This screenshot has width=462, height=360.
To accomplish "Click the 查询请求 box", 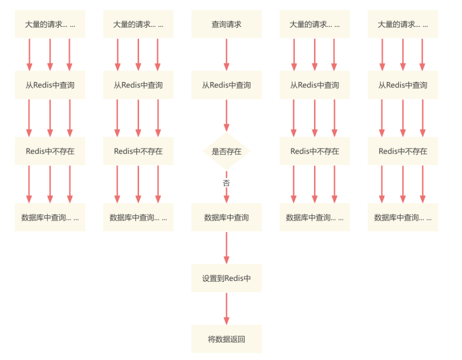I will point(227,24).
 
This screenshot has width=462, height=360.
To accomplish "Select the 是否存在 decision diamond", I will point(227,151).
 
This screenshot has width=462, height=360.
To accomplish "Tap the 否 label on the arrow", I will point(227,183).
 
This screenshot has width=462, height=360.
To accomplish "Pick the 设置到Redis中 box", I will point(227,278).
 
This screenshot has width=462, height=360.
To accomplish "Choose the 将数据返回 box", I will point(227,340).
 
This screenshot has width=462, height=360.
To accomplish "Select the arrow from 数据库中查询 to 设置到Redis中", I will point(227,247).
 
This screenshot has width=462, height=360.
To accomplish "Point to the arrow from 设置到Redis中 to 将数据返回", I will point(227,308).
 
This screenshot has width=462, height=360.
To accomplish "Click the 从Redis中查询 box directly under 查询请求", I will point(227,85).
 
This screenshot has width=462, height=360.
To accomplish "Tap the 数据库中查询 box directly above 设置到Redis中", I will point(227,217).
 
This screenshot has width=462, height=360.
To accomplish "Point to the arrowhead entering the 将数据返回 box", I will point(227,321).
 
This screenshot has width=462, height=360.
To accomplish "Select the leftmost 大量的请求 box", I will point(50,24).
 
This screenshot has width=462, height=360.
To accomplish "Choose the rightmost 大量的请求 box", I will point(403,24).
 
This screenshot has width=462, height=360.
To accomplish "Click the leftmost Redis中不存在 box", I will point(50,151).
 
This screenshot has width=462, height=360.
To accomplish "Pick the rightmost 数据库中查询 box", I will point(403,217).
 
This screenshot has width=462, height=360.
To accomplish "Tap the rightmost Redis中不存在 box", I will point(403,151).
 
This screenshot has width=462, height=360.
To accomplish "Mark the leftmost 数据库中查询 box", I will point(50,217).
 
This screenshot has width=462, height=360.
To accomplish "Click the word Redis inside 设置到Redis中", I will point(235,278).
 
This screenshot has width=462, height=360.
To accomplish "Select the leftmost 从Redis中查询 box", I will point(50,85).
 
